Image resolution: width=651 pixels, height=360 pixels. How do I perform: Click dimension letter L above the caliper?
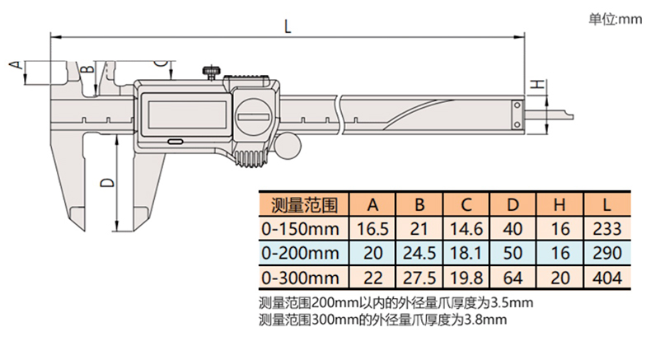pos(288,26)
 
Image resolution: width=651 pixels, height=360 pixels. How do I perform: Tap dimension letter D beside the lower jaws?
pos(107,182)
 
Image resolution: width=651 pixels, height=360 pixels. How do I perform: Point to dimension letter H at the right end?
pos(538,84)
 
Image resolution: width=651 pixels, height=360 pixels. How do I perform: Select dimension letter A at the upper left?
pos(15,65)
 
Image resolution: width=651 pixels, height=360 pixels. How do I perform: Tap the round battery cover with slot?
pos(253,117)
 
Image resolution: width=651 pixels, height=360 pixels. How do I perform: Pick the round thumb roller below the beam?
pos(288,145)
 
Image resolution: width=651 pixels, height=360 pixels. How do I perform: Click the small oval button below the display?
pos(176,142)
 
